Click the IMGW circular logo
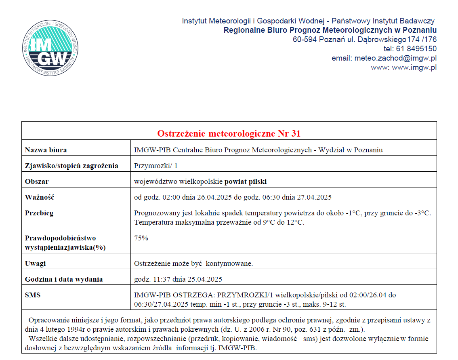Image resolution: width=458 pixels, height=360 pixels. click(50, 47)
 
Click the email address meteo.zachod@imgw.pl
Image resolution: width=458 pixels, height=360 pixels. click(395, 58)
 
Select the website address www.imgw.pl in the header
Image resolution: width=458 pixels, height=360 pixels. click(414, 67)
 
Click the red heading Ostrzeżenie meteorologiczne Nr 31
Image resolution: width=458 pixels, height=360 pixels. click(229, 133)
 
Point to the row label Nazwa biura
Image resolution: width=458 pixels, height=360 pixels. click(46, 150)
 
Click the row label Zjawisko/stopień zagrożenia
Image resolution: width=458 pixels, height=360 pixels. click(71, 166)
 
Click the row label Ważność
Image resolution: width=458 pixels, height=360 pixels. click(39, 197)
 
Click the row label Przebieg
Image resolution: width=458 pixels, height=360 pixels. click(39, 213)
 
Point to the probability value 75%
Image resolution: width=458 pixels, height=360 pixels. click(141, 238)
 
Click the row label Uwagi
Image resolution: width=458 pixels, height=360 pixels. click(36, 263)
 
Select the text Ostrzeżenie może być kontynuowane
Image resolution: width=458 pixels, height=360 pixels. click(193, 263)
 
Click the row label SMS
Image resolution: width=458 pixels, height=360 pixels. click(33, 295)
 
